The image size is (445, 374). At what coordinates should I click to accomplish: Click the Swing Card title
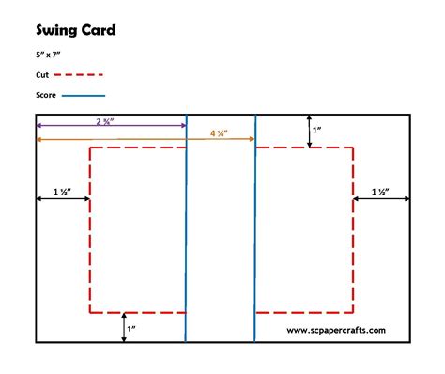point(76,31)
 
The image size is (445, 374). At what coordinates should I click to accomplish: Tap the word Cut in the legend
point(43,73)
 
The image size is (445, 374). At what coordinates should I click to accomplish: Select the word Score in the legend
point(47,95)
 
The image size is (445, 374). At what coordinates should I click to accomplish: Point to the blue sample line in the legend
point(84,95)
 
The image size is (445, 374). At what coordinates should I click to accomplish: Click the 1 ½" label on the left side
point(62,191)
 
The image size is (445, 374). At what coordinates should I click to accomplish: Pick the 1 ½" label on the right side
point(381,191)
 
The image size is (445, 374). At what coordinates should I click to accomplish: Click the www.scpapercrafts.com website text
point(335,330)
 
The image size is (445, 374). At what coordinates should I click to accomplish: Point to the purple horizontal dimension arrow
point(75,126)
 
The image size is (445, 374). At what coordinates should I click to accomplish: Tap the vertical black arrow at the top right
point(310,131)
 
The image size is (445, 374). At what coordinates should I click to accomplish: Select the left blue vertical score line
point(186,235)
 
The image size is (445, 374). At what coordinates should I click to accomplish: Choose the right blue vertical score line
point(255,235)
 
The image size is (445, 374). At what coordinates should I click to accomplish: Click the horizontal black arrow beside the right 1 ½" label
point(381,199)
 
